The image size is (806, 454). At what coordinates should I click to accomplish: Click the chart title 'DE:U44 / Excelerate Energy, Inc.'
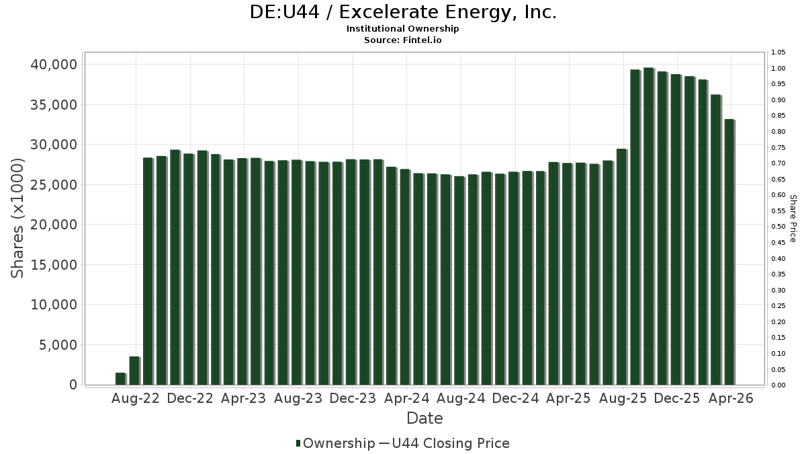403,13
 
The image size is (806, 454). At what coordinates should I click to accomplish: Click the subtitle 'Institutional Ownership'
403,29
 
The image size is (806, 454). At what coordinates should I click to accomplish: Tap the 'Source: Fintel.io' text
403,40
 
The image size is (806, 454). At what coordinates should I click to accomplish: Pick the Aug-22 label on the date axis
135,398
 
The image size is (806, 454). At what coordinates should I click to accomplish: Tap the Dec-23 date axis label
352,398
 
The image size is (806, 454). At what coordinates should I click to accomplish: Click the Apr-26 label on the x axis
731,398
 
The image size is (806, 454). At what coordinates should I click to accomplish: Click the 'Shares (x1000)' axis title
18,218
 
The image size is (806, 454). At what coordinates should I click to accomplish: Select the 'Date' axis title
424,418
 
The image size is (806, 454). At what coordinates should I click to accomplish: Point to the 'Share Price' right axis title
793,218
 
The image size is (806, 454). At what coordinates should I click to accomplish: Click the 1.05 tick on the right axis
778,52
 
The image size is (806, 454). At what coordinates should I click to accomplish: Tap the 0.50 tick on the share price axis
778,227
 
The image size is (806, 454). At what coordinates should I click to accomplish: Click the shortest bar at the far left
120,379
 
